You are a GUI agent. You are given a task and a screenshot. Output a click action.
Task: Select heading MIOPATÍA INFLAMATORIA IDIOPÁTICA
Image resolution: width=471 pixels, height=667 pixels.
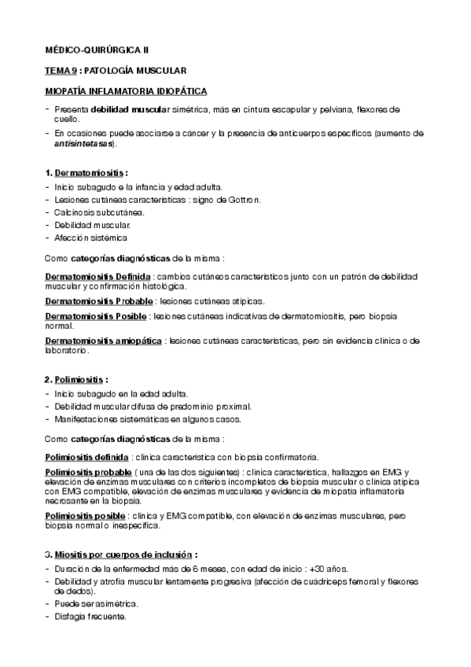[x=126, y=90]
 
